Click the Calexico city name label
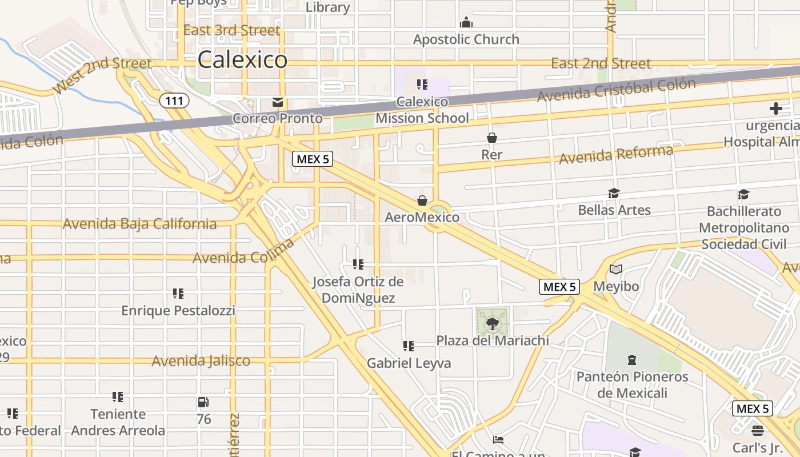click(242, 59)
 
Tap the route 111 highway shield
click(173, 101)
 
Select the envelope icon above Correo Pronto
click(278, 102)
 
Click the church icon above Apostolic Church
click(466, 23)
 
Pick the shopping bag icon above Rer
click(491, 138)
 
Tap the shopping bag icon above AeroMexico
click(422, 201)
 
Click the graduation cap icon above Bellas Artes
click(614, 194)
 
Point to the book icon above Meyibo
click(615, 269)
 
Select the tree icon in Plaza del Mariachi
click(492, 324)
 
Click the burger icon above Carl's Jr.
click(758, 430)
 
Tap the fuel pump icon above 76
click(203, 402)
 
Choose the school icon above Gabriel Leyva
click(408, 346)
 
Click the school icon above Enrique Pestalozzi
click(178, 294)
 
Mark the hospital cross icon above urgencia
click(775, 108)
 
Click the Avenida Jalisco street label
click(201, 361)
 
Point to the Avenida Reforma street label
click(616, 154)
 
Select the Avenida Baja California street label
click(139, 224)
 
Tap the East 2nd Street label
click(601, 63)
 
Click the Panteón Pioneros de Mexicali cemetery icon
click(631, 360)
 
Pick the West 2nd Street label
click(102, 75)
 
